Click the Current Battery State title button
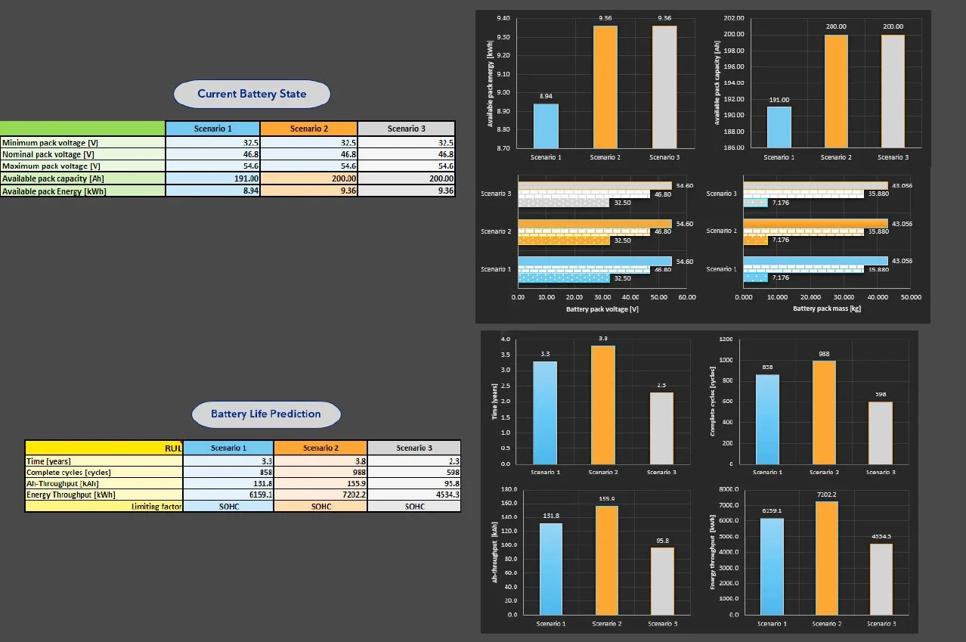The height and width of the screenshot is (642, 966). pyautogui.click(x=252, y=94)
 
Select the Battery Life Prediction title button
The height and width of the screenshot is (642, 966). pyautogui.click(x=265, y=414)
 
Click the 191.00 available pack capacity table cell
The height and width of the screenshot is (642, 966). pyautogui.click(x=212, y=178)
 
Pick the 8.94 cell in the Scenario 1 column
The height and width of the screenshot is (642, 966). pyautogui.click(x=212, y=191)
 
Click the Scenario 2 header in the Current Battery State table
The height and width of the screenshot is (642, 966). pyautogui.click(x=308, y=129)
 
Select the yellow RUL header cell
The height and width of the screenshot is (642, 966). pyautogui.click(x=104, y=448)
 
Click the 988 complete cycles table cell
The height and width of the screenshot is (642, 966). pyautogui.click(x=320, y=472)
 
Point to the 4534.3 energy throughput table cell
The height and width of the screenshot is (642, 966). pyautogui.click(x=414, y=495)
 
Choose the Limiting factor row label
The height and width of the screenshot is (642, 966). pyautogui.click(x=104, y=506)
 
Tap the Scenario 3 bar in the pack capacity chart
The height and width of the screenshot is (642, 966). pyautogui.click(x=892, y=91)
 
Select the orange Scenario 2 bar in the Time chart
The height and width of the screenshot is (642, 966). pyautogui.click(x=603, y=405)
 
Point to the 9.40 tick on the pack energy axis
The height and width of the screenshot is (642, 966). pyautogui.click(x=500, y=18)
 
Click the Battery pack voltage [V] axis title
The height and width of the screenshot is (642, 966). pyautogui.click(x=602, y=309)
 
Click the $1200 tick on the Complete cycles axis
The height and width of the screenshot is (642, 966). pyautogui.click(x=726, y=339)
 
